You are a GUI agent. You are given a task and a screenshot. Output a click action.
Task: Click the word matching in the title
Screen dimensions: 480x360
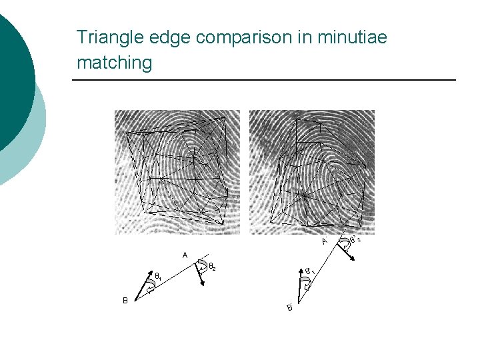(114, 63)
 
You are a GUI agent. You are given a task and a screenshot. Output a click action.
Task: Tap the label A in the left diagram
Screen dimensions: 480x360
(185, 254)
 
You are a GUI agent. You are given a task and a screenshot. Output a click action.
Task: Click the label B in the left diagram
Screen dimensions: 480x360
(125, 300)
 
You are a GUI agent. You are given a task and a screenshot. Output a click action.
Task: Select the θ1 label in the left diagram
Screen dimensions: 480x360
(159, 276)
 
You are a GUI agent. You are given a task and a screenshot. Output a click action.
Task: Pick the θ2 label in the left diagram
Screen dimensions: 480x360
(211, 267)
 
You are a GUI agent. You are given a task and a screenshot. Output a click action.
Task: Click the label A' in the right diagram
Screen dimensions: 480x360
(324, 241)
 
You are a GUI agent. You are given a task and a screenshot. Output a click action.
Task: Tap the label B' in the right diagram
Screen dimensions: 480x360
(290, 307)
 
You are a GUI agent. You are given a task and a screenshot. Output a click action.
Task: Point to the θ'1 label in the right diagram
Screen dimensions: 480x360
(311, 271)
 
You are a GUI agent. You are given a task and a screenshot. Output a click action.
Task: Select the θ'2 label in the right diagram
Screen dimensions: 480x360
(355, 239)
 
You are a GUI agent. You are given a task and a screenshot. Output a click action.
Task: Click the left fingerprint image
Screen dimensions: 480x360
(177, 171)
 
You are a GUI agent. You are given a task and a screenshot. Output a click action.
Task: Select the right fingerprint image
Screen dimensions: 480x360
(311, 171)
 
